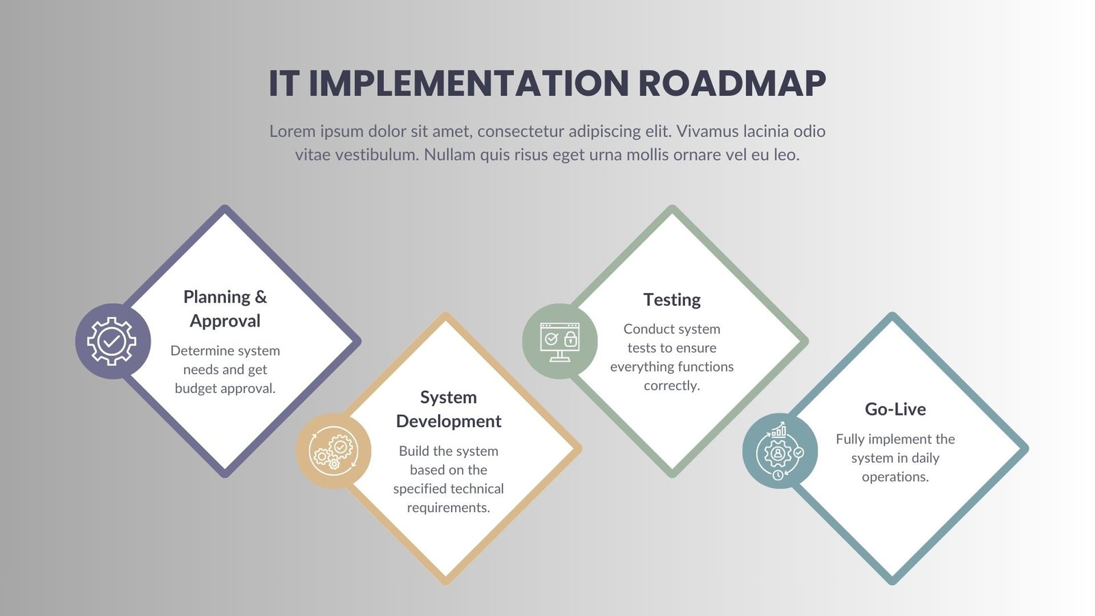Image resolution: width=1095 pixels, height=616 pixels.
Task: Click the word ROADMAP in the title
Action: (732, 84)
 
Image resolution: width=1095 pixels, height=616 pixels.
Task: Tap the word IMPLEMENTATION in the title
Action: (468, 84)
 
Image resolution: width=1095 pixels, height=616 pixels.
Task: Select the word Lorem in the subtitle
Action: (292, 131)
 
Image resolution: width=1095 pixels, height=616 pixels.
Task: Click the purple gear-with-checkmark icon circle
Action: (112, 341)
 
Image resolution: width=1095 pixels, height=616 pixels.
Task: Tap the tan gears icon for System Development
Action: (333, 451)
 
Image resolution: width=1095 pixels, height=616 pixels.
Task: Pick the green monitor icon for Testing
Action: (559, 341)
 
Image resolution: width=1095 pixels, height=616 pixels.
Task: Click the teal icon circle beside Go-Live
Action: (780, 451)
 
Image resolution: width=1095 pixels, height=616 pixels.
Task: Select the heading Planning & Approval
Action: (225, 309)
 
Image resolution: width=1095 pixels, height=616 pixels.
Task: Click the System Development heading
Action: (448, 409)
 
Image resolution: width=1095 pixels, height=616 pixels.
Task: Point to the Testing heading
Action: (672, 300)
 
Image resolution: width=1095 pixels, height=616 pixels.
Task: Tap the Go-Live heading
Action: (895, 409)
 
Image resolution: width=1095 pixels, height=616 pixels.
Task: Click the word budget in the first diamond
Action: (195, 389)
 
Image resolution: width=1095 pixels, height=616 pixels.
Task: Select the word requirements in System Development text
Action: (448, 508)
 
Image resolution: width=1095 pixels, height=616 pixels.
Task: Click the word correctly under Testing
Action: (671, 386)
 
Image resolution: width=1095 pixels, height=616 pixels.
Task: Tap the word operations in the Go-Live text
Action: (895, 477)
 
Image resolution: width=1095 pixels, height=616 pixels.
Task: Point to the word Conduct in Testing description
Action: (648, 329)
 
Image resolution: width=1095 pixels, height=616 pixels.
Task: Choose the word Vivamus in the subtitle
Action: (707, 131)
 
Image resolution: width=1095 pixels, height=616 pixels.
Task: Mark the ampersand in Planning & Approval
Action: (261, 297)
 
